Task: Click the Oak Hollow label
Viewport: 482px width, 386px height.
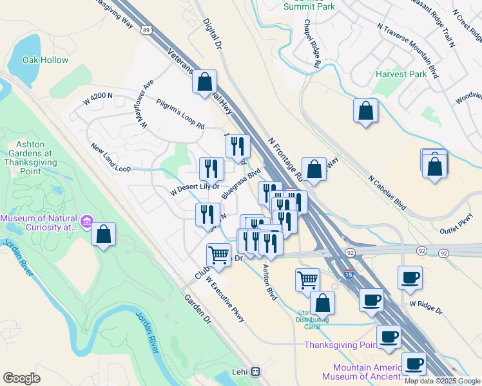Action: coord(45,60)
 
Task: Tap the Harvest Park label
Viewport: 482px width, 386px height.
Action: coord(401,74)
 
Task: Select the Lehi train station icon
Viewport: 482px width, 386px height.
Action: coord(256,372)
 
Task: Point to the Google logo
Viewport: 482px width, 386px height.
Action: coord(21,378)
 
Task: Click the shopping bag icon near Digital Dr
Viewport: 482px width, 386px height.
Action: coord(204,83)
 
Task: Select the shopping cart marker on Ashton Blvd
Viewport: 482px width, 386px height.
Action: coord(308,280)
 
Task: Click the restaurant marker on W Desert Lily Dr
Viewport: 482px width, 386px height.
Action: coord(211,170)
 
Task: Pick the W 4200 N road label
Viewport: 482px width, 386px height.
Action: coord(98,96)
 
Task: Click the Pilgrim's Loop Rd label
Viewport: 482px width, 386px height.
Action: coord(180,113)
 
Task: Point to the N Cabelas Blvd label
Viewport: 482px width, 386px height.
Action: coord(387,192)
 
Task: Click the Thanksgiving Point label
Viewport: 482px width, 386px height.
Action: coord(340,345)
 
